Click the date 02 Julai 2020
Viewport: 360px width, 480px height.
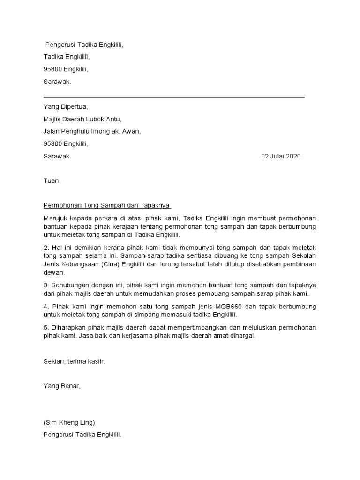[281, 157]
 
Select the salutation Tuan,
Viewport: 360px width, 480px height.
[52, 180]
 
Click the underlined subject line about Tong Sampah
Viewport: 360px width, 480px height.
[107, 205]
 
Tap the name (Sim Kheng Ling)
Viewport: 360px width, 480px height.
[72, 422]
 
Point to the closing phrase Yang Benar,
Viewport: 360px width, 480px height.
[62, 386]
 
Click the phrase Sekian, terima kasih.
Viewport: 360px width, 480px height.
[74, 362]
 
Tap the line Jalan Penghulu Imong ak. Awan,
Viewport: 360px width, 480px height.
[92, 132]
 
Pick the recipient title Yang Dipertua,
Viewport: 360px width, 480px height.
[65, 107]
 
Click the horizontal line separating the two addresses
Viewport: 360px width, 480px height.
[174, 97]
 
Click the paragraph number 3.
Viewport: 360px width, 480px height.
[45, 285]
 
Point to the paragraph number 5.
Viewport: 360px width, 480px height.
[45, 328]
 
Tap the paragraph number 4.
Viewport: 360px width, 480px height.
[45, 307]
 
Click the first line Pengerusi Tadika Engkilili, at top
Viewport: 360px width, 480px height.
[85, 45]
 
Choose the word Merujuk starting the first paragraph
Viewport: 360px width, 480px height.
[54, 218]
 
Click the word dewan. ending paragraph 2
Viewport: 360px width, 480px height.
[53, 272]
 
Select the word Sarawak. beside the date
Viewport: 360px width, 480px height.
[57, 157]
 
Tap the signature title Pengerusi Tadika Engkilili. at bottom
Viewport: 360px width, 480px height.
[82, 435]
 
